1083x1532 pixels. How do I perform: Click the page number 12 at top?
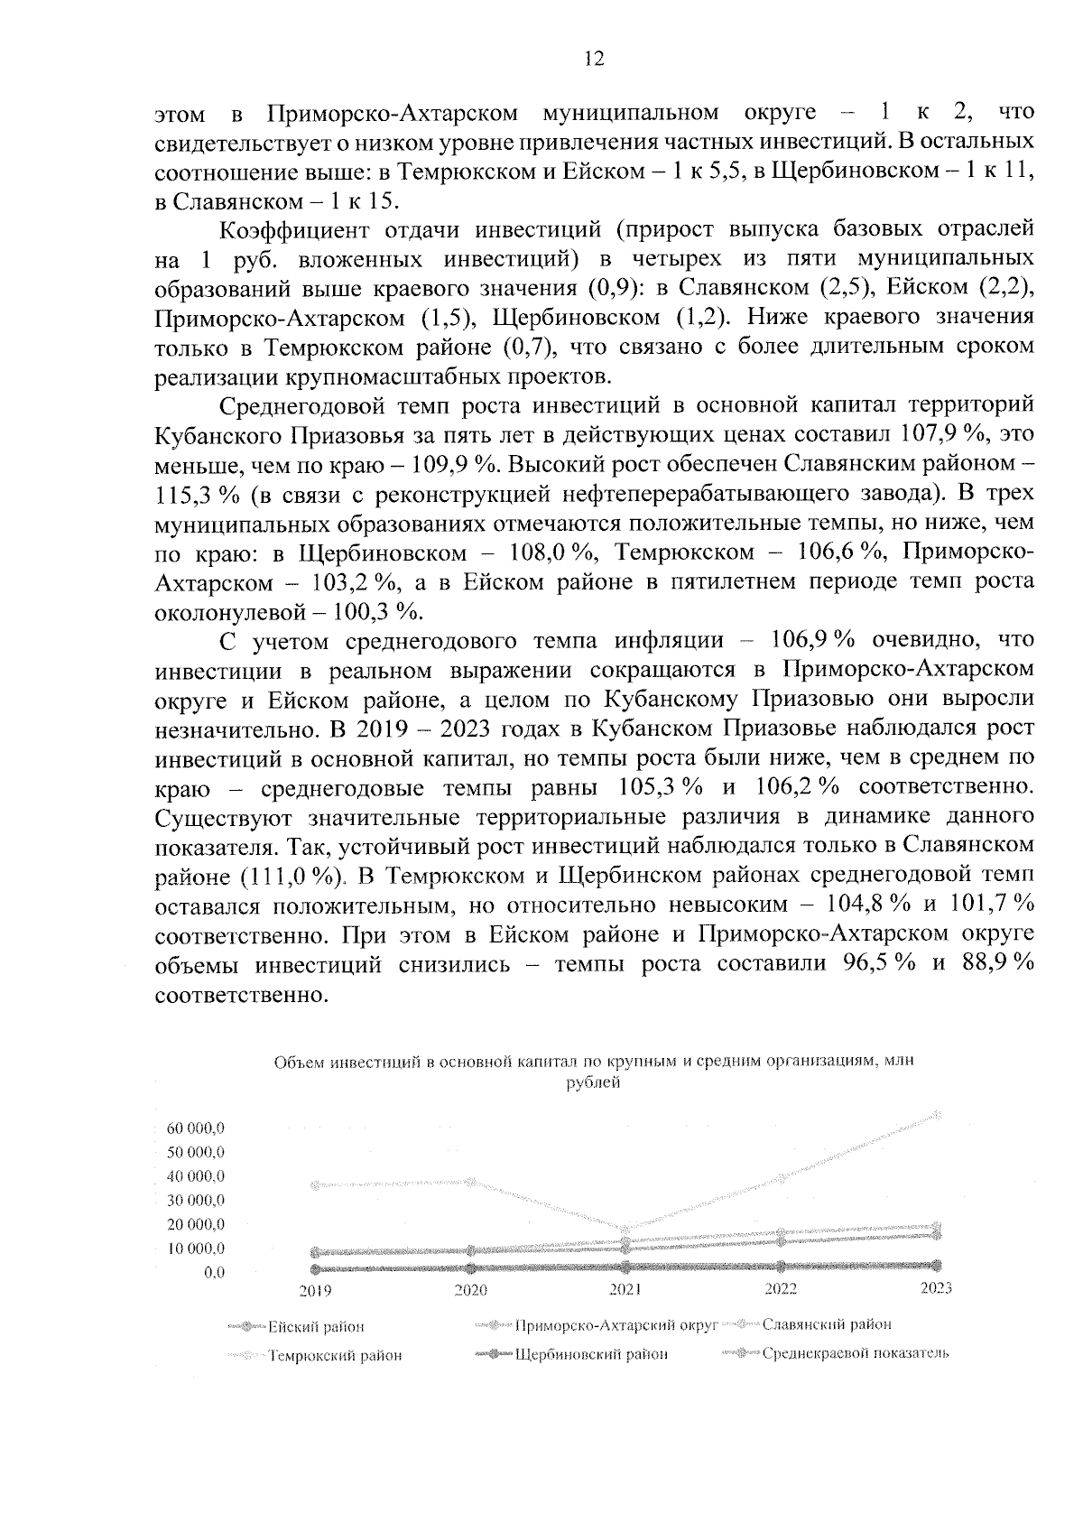pos(593,60)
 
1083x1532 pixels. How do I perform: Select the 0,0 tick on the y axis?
pos(214,1273)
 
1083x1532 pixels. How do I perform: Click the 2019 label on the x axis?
pos(315,1291)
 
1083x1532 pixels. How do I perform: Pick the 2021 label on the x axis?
pos(625,1291)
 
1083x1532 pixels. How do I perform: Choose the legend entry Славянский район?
pos(826,1324)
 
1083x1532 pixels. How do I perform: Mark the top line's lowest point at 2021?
pos(626,1229)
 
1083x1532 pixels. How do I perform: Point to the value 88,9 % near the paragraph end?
pos(996,963)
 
